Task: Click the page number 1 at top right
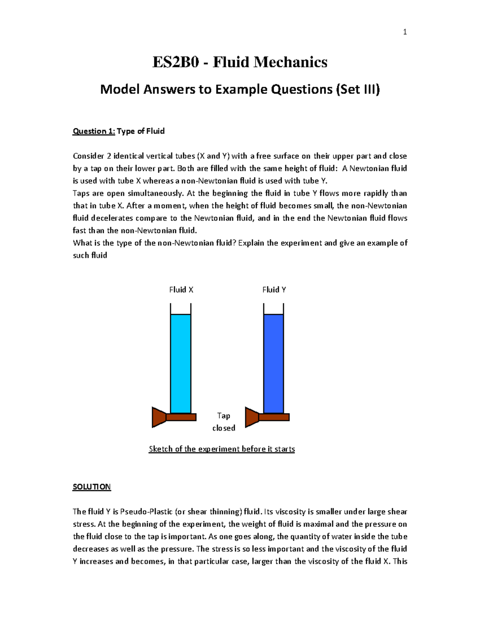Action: coord(405,32)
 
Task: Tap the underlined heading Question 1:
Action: coord(94,131)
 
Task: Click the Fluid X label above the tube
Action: coord(181,290)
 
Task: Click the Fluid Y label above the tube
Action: coord(274,290)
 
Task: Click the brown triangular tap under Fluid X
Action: coord(158,417)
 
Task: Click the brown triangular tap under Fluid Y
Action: coord(251,417)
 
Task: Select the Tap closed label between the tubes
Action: coord(224,422)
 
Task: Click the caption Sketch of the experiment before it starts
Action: coord(222,449)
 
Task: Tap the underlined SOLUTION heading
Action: coord(92,487)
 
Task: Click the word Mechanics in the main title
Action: coord(290,62)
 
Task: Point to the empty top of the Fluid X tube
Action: coord(180,309)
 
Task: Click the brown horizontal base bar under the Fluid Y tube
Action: coord(274,417)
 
